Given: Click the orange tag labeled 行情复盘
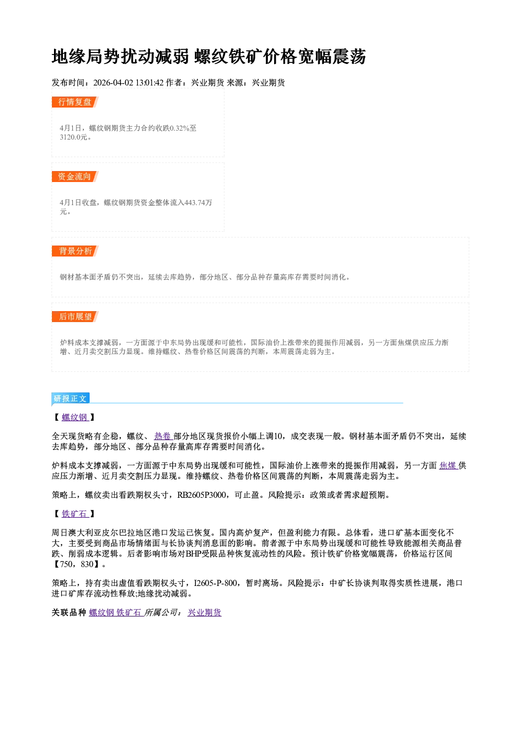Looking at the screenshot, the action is tap(75, 102).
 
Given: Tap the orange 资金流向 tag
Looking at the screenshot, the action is tap(75, 177).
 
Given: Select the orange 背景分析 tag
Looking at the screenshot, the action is tap(75, 251).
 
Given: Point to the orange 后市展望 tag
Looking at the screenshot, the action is tap(75, 317).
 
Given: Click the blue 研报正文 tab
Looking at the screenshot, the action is tap(71, 399).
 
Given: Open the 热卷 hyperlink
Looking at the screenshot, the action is tap(164, 436).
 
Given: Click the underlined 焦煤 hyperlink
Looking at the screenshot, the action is tap(448, 466).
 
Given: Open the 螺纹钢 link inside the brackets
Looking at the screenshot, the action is tap(75, 417).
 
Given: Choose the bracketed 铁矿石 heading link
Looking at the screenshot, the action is tap(75, 514).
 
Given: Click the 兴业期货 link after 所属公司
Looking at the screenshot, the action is tap(204, 613).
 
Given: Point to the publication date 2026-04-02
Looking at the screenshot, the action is tap(113, 83).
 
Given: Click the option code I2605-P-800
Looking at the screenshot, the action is tap(215, 583).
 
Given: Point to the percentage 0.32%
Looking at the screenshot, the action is tap(179, 128).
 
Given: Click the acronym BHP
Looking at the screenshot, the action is tap(193, 554).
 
